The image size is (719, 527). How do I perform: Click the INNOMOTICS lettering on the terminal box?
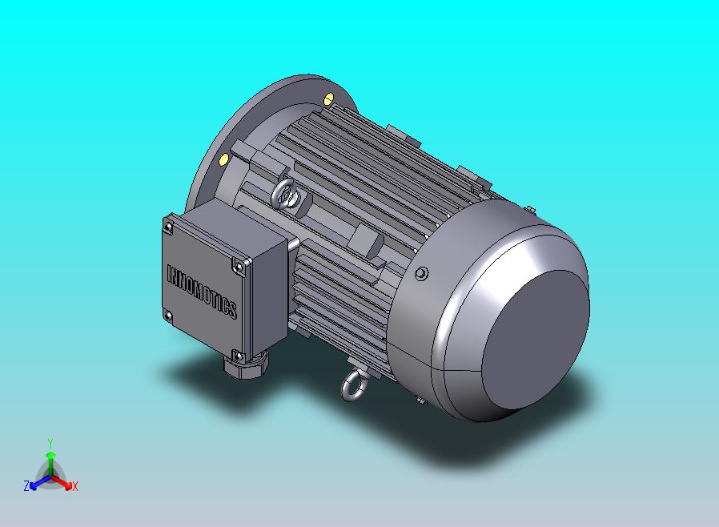(x=202, y=292)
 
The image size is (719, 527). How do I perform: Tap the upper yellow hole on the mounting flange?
(x=329, y=99)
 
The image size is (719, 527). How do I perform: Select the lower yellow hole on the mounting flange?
(x=223, y=159)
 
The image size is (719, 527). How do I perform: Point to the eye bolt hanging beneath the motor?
(x=354, y=385)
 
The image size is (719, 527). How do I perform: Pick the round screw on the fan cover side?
(x=421, y=274)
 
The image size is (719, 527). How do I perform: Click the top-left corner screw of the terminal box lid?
(x=169, y=227)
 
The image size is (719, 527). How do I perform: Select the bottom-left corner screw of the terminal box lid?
(x=168, y=316)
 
